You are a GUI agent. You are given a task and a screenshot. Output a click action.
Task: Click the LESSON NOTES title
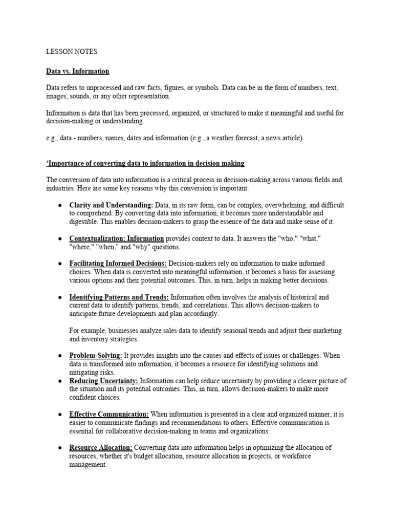(x=71, y=52)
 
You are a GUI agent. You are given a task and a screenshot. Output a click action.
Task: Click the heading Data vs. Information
(x=77, y=71)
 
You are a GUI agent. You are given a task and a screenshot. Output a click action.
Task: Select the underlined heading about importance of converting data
(x=145, y=163)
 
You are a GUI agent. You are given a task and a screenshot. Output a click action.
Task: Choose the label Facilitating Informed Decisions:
(x=118, y=264)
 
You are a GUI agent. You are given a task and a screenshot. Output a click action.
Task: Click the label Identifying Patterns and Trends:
(x=119, y=297)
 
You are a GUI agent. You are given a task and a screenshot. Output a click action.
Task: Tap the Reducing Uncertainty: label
(x=104, y=381)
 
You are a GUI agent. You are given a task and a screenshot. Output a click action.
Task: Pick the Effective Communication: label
(x=109, y=414)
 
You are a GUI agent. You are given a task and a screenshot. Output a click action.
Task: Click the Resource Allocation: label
(x=101, y=447)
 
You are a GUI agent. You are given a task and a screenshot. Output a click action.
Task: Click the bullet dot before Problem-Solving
(x=60, y=356)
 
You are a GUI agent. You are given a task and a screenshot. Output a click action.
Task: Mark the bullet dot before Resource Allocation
(x=60, y=448)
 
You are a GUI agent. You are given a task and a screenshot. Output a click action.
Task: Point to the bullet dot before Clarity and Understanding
(x=60, y=205)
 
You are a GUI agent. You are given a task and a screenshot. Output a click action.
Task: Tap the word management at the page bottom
(x=88, y=465)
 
